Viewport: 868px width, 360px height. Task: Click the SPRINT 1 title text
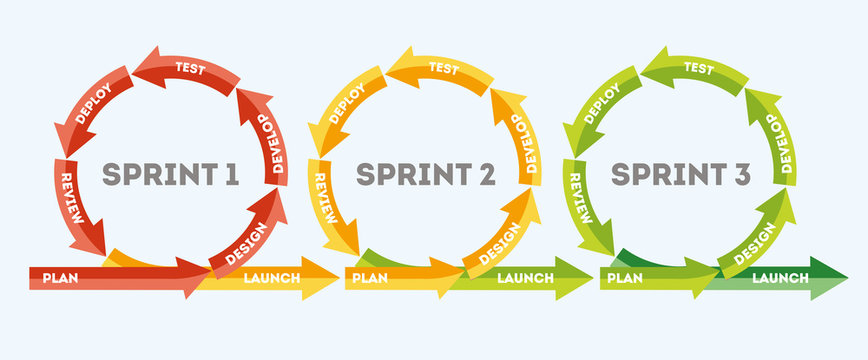[x=171, y=175]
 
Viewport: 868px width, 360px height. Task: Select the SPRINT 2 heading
[x=426, y=175]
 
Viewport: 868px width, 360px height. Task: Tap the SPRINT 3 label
[x=681, y=175]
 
